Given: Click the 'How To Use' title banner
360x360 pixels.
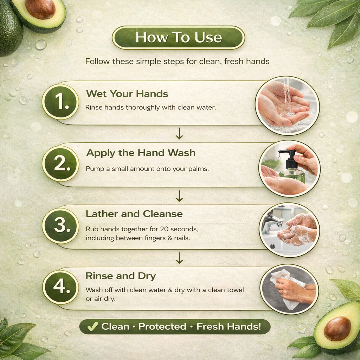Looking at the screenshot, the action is click(x=178, y=37).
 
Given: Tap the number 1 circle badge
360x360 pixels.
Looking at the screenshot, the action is click(x=60, y=102).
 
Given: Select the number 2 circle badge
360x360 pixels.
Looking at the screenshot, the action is click(x=60, y=164).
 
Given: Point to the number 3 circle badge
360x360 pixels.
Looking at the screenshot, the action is click(x=60, y=226).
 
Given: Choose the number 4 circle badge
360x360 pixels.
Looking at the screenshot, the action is click(x=60, y=287).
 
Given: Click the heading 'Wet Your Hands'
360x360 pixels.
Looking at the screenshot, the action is click(x=127, y=94).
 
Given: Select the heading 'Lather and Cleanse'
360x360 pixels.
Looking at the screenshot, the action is click(x=134, y=214).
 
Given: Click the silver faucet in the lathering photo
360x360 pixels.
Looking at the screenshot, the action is click(x=273, y=222).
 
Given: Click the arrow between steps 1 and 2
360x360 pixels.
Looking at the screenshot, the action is click(x=179, y=133).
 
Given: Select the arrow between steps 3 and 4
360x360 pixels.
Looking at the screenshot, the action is click(x=179, y=258).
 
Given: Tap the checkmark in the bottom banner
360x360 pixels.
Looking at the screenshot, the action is click(x=92, y=326).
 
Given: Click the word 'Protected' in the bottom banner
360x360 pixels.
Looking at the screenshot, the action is click(x=162, y=327).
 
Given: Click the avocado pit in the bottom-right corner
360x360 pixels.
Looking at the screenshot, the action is click(x=337, y=328).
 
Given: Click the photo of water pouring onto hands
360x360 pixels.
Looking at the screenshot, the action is click(x=287, y=105).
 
